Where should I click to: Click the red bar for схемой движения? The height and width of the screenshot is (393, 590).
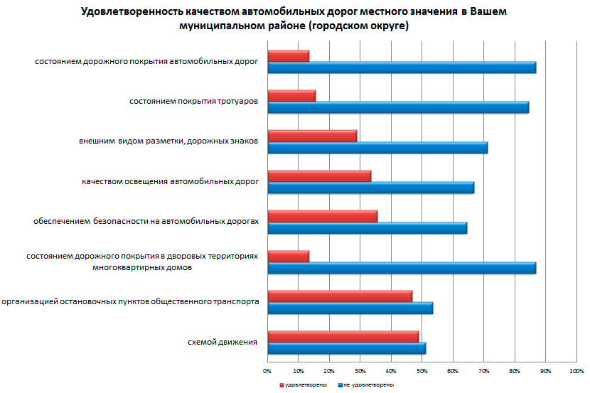point(343,337)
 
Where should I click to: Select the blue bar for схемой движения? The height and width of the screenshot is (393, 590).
point(346,348)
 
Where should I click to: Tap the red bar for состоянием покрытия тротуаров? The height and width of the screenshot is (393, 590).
point(291,96)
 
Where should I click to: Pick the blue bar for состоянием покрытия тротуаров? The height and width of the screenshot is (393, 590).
point(398,107)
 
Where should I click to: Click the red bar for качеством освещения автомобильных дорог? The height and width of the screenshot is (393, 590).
point(319,176)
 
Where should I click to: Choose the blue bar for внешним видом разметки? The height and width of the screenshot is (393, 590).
point(377,148)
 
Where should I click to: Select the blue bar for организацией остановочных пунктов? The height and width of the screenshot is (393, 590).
point(350,308)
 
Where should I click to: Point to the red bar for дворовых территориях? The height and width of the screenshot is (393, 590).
point(288,257)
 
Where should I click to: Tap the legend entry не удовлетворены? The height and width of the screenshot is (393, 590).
point(368,384)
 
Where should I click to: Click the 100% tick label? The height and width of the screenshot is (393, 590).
point(576,370)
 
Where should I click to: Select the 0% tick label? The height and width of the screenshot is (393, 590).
point(267,370)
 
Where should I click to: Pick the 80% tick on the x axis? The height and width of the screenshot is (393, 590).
point(515,370)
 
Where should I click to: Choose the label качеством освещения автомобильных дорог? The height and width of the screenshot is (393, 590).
point(170,182)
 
